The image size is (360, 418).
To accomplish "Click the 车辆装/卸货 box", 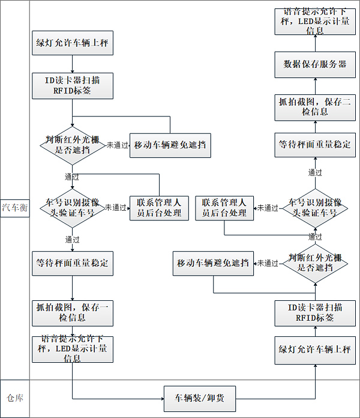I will pos(200,398).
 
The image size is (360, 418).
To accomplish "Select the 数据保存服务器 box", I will pos(315,64).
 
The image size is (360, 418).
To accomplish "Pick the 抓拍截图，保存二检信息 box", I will pos(315,106).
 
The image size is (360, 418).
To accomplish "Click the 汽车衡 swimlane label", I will pos(14,208).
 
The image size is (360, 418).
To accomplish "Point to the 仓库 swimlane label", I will pos(14,398).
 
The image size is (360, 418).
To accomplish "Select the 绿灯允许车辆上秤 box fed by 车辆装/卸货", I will pos(315,349).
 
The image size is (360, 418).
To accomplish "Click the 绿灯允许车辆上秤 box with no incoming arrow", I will pos(73,44).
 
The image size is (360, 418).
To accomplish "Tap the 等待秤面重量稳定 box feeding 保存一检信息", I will pos(73,263).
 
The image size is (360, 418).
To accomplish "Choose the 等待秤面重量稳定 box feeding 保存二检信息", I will pos(315,145).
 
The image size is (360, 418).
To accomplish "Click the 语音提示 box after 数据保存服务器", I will pos(315,22).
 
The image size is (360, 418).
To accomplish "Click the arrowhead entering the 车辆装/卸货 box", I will pos(161,398).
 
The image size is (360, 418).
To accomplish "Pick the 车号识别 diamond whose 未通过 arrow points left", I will pos(314,208).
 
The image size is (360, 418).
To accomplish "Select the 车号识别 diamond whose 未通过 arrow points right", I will pos(73,208).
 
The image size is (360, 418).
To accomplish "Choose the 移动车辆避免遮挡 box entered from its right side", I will pos(213,263).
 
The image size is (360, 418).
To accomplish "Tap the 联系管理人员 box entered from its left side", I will pos(159,208).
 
